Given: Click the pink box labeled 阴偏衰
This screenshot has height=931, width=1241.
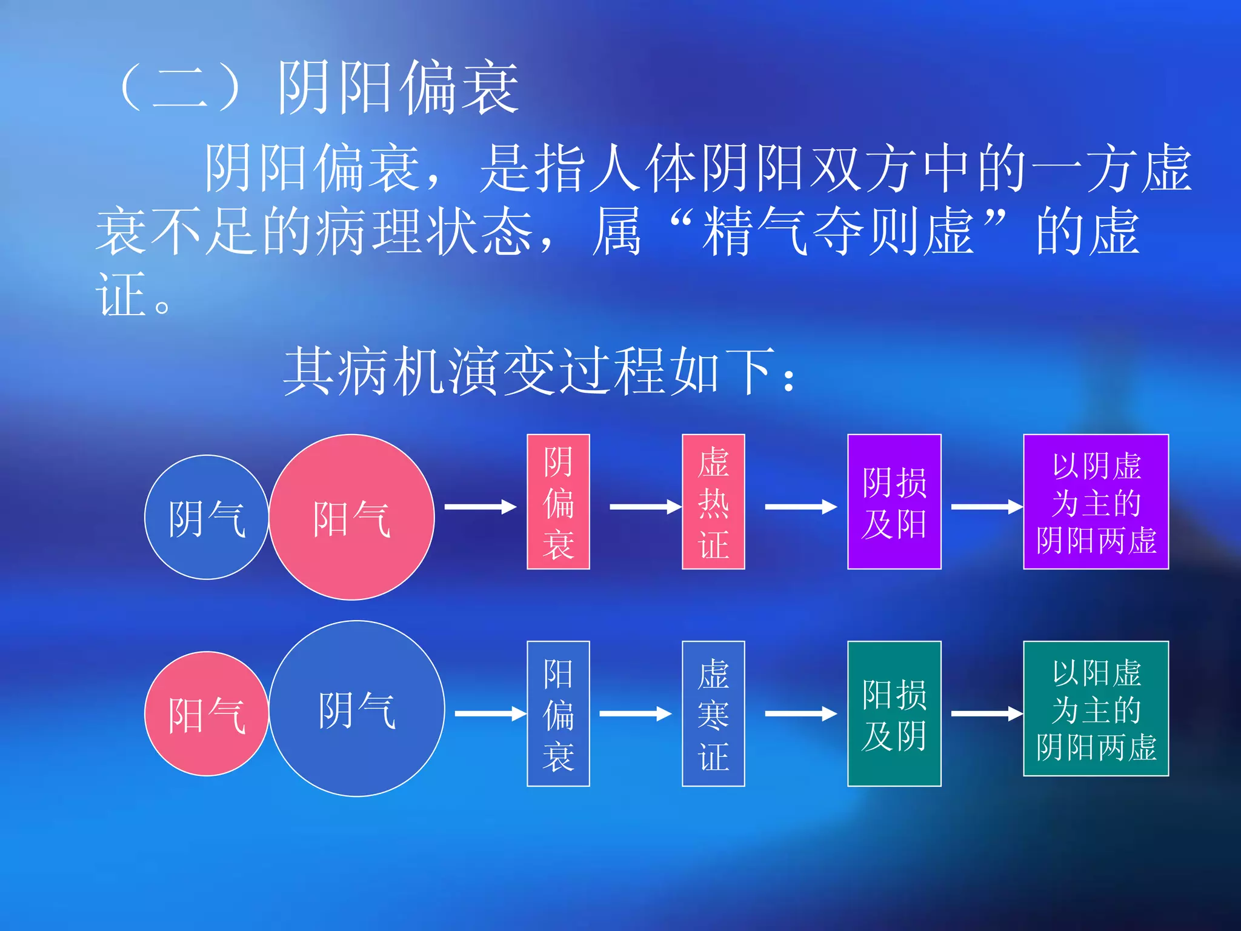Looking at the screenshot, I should [558, 502].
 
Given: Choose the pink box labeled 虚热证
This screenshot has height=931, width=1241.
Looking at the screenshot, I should [713, 502].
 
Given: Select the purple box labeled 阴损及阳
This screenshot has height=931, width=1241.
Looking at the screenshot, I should [894, 502].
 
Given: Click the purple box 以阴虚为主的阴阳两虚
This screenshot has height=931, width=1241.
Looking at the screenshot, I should [1096, 502].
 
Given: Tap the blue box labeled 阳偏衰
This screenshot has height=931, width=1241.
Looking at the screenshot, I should [558, 713].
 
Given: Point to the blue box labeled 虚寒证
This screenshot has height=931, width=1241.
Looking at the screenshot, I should [713, 713].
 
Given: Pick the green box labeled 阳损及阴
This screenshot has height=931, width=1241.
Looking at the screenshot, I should [894, 713].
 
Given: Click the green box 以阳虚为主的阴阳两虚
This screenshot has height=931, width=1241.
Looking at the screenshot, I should [1096, 709].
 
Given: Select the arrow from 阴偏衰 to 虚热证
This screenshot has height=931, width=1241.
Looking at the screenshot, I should [645, 507].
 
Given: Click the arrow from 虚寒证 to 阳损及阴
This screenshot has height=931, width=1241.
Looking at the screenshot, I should [800, 714].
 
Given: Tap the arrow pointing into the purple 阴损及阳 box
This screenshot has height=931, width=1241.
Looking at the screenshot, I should [800, 507].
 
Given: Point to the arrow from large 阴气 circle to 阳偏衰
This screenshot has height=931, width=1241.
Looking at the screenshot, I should [490, 714].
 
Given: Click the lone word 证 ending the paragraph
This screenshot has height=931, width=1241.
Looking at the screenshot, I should [121, 295].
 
